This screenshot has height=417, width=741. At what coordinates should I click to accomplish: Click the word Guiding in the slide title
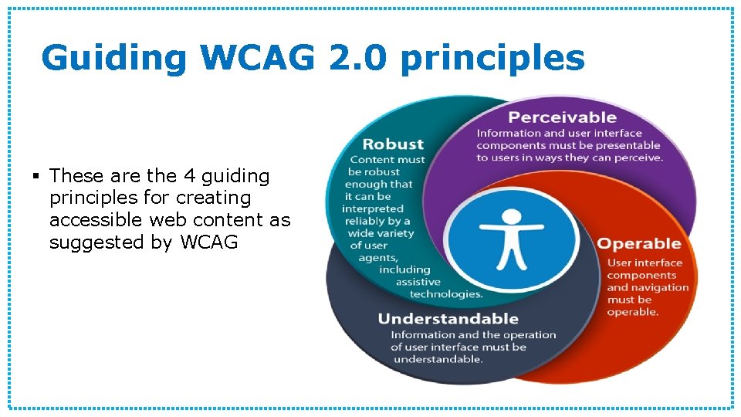coord(114,59)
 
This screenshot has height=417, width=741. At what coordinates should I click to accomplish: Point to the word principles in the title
coord(493,59)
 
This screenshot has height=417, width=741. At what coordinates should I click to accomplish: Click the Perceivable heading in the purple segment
coord(562,117)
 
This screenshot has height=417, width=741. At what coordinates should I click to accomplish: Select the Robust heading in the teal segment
coord(393,144)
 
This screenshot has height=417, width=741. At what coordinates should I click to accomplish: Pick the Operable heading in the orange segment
coord(639,243)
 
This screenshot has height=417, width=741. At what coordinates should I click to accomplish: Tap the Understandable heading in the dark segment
coord(448,318)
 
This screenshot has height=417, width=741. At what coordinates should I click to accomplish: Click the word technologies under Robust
coord(446,294)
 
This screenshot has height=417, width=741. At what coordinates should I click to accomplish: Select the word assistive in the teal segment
coord(418,282)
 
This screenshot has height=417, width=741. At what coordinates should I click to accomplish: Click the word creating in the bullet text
coord(214,198)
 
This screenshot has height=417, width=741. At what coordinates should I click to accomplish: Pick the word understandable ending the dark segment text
coord(438,359)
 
